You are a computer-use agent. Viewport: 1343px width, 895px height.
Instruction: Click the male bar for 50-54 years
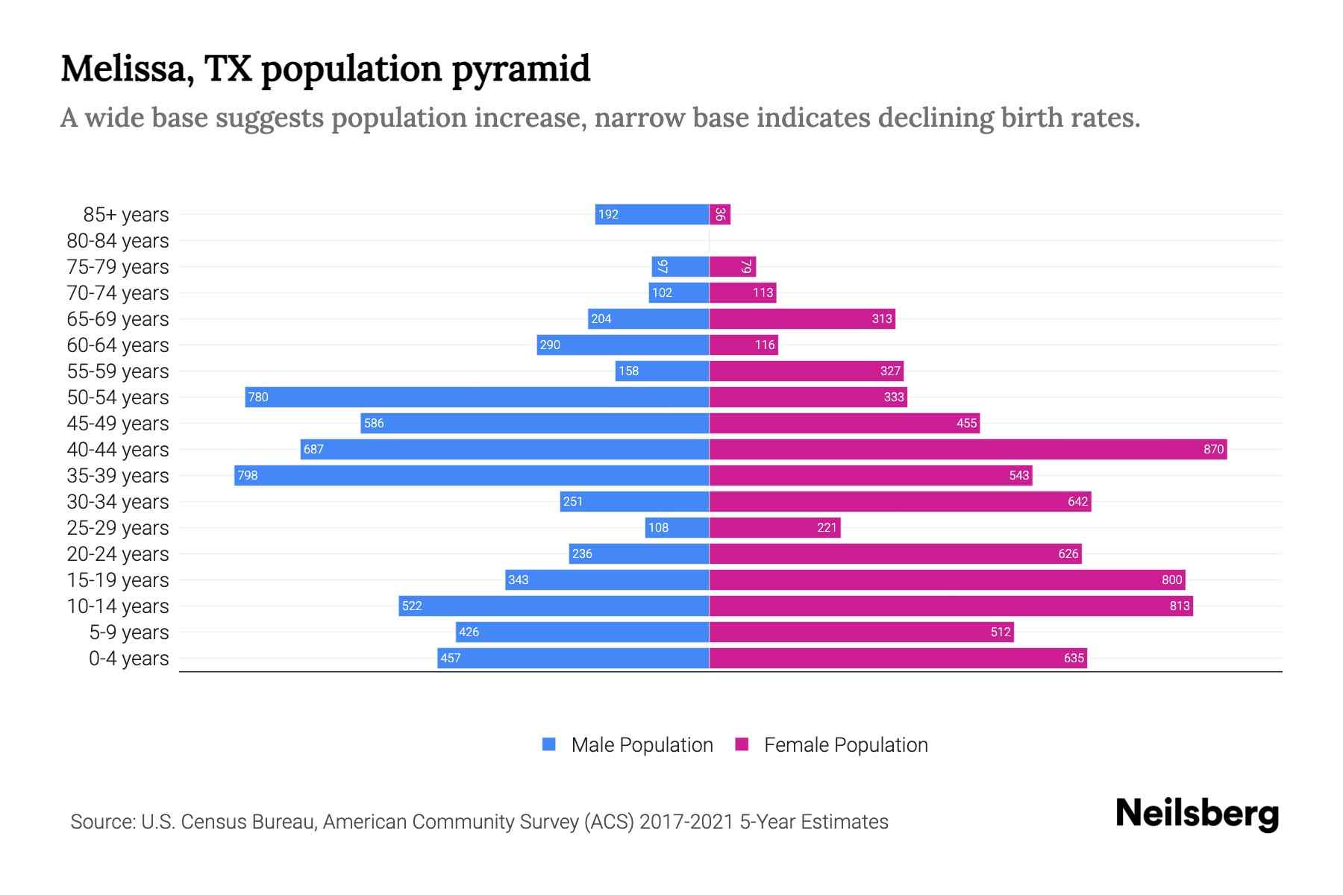point(478,397)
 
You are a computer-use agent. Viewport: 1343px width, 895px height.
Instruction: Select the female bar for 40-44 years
point(968,449)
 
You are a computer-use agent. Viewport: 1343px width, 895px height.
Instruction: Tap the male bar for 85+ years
point(652,214)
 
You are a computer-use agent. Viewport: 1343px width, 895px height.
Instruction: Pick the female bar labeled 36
point(720,214)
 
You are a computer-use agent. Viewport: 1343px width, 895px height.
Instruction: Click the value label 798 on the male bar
point(247,475)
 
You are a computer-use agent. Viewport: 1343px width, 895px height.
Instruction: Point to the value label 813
point(1179,606)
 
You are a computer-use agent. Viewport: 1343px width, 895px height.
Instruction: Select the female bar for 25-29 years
point(774,527)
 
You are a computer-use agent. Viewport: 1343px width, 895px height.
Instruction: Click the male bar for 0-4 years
point(573,658)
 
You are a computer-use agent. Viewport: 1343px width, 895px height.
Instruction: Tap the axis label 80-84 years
point(118,241)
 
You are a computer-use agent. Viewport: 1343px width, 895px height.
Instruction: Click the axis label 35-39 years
point(118,476)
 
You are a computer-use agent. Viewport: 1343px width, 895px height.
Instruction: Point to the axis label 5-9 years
point(128,632)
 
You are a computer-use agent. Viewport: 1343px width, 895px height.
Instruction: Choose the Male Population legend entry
point(642,745)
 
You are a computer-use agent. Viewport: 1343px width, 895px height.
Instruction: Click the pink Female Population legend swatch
point(742,744)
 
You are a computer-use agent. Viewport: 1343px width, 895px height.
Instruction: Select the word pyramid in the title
point(521,69)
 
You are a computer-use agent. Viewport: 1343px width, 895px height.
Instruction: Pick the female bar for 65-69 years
point(802,318)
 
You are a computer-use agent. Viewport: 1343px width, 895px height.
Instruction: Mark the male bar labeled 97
point(680,266)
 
